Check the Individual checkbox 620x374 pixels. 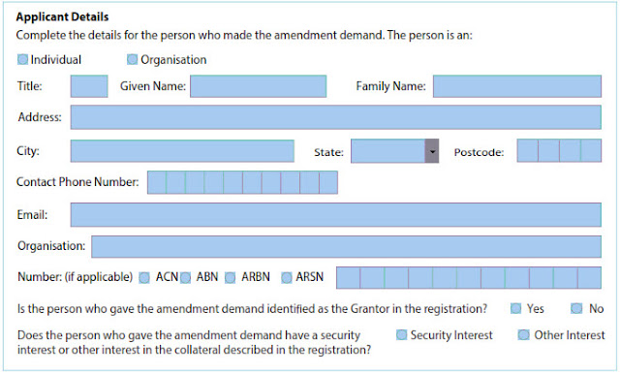coord(23,59)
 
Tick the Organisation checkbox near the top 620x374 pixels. coord(133,59)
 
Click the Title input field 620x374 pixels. coord(89,86)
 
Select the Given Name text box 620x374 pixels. coord(258,86)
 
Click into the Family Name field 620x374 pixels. coord(516,86)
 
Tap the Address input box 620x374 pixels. coord(335,117)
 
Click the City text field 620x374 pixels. coord(182,151)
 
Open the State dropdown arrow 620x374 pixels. coord(432,152)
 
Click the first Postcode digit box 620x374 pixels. coord(527,151)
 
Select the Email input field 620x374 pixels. coord(335,215)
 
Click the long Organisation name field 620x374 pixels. coord(346,247)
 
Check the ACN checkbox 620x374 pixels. coord(144,278)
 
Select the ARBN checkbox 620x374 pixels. coord(231,278)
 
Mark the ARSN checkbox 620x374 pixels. coord(287,278)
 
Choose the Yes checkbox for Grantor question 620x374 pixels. coord(515,309)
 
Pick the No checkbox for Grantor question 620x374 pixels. coord(576,309)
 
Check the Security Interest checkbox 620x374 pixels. coord(400,335)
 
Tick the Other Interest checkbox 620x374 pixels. coord(523,335)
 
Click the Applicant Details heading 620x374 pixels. coord(63,17)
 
